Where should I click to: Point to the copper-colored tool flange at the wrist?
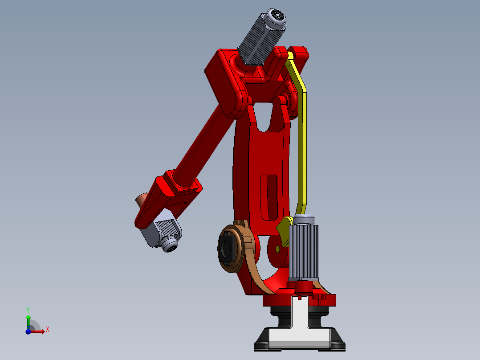(142, 200)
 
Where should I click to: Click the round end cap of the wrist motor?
(171, 245)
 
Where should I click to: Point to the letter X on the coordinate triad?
(47, 330)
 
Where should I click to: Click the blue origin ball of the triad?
(28, 331)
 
